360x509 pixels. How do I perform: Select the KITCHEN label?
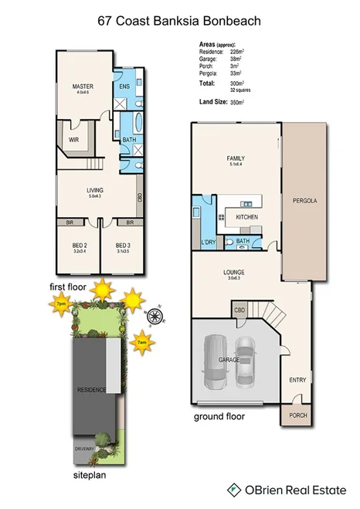tap(246, 217)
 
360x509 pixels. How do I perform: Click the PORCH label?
tap(297, 415)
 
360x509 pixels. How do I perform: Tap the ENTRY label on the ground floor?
tap(297, 379)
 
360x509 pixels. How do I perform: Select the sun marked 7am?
tap(142, 341)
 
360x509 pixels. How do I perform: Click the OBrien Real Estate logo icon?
tap(232, 489)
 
